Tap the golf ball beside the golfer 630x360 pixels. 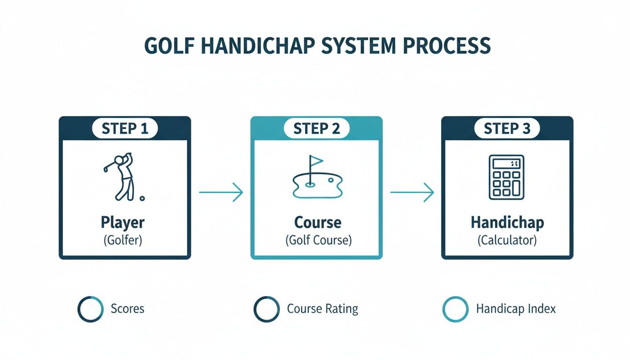[x=142, y=198]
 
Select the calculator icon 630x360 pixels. [x=507, y=177]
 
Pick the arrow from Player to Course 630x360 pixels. [x=221, y=192]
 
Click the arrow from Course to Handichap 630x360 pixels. [x=412, y=192]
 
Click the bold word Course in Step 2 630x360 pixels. [x=317, y=222]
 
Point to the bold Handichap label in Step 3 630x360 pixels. [x=507, y=222]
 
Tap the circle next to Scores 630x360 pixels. [x=90, y=309]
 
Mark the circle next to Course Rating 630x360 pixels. [x=267, y=309]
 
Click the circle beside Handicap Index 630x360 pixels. [x=455, y=309]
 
